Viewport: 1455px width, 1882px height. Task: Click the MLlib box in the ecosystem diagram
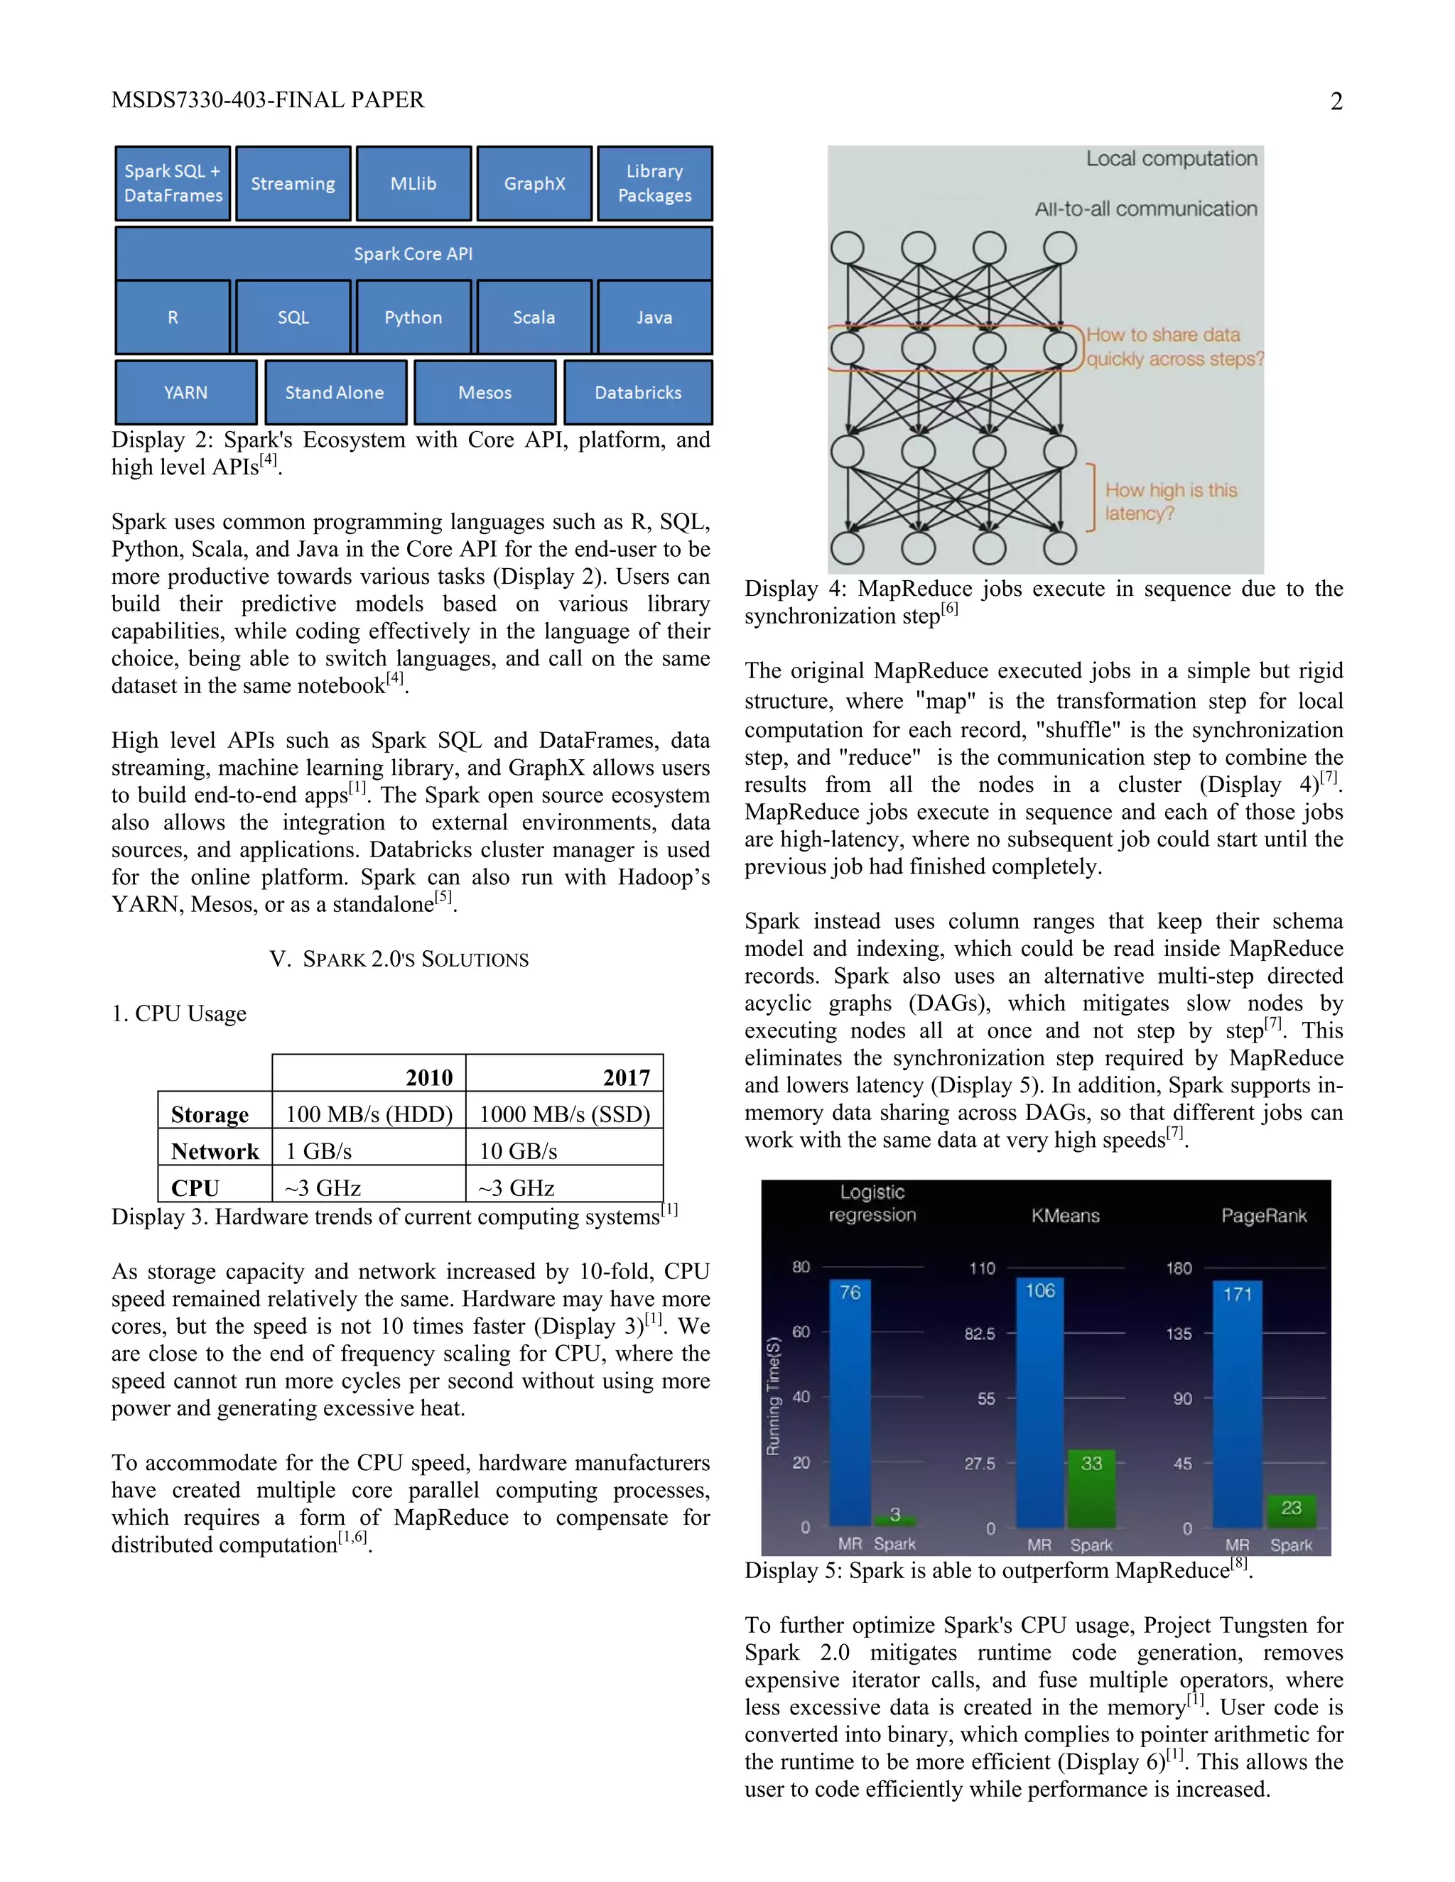point(413,183)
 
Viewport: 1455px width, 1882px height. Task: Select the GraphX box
point(534,183)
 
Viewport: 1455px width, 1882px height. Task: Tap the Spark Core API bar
point(413,254)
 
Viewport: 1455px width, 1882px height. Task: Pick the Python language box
point(413,317)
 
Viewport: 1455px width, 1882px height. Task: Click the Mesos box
point(485,392)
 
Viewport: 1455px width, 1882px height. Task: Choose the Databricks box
point(638,392)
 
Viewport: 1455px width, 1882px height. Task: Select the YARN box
point(186,392)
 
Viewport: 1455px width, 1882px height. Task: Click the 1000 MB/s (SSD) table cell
point(565,1114)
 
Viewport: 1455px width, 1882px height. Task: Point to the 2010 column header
point(428,1077)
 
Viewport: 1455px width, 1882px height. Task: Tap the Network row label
point(215,1151)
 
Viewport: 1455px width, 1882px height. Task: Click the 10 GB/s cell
point(519,1151)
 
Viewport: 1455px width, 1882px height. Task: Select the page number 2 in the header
point(1336,102)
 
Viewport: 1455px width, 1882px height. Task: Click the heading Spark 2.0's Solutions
point(399,959)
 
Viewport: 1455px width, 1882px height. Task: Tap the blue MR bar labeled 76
point(850,1405)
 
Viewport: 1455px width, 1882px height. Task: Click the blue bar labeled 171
point(1237,1409)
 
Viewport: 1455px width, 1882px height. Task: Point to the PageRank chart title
point(1264,1215)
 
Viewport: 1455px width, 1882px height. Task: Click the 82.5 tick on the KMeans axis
point(979,1334)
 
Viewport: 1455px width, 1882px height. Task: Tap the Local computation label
point(1171,158)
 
